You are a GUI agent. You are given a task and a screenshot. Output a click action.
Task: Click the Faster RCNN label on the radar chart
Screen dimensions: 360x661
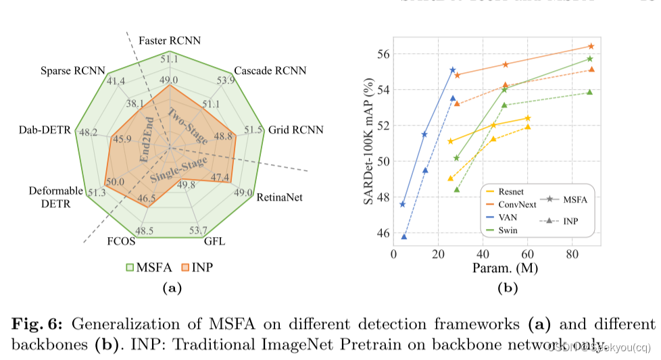tap(169, 41)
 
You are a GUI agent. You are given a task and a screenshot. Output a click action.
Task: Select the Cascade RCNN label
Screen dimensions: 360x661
tap(270, 71)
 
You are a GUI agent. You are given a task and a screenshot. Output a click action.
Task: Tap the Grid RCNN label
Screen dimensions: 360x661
tap(296, 129)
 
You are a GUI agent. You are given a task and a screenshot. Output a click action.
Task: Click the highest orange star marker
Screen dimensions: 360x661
tap(591, 46)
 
